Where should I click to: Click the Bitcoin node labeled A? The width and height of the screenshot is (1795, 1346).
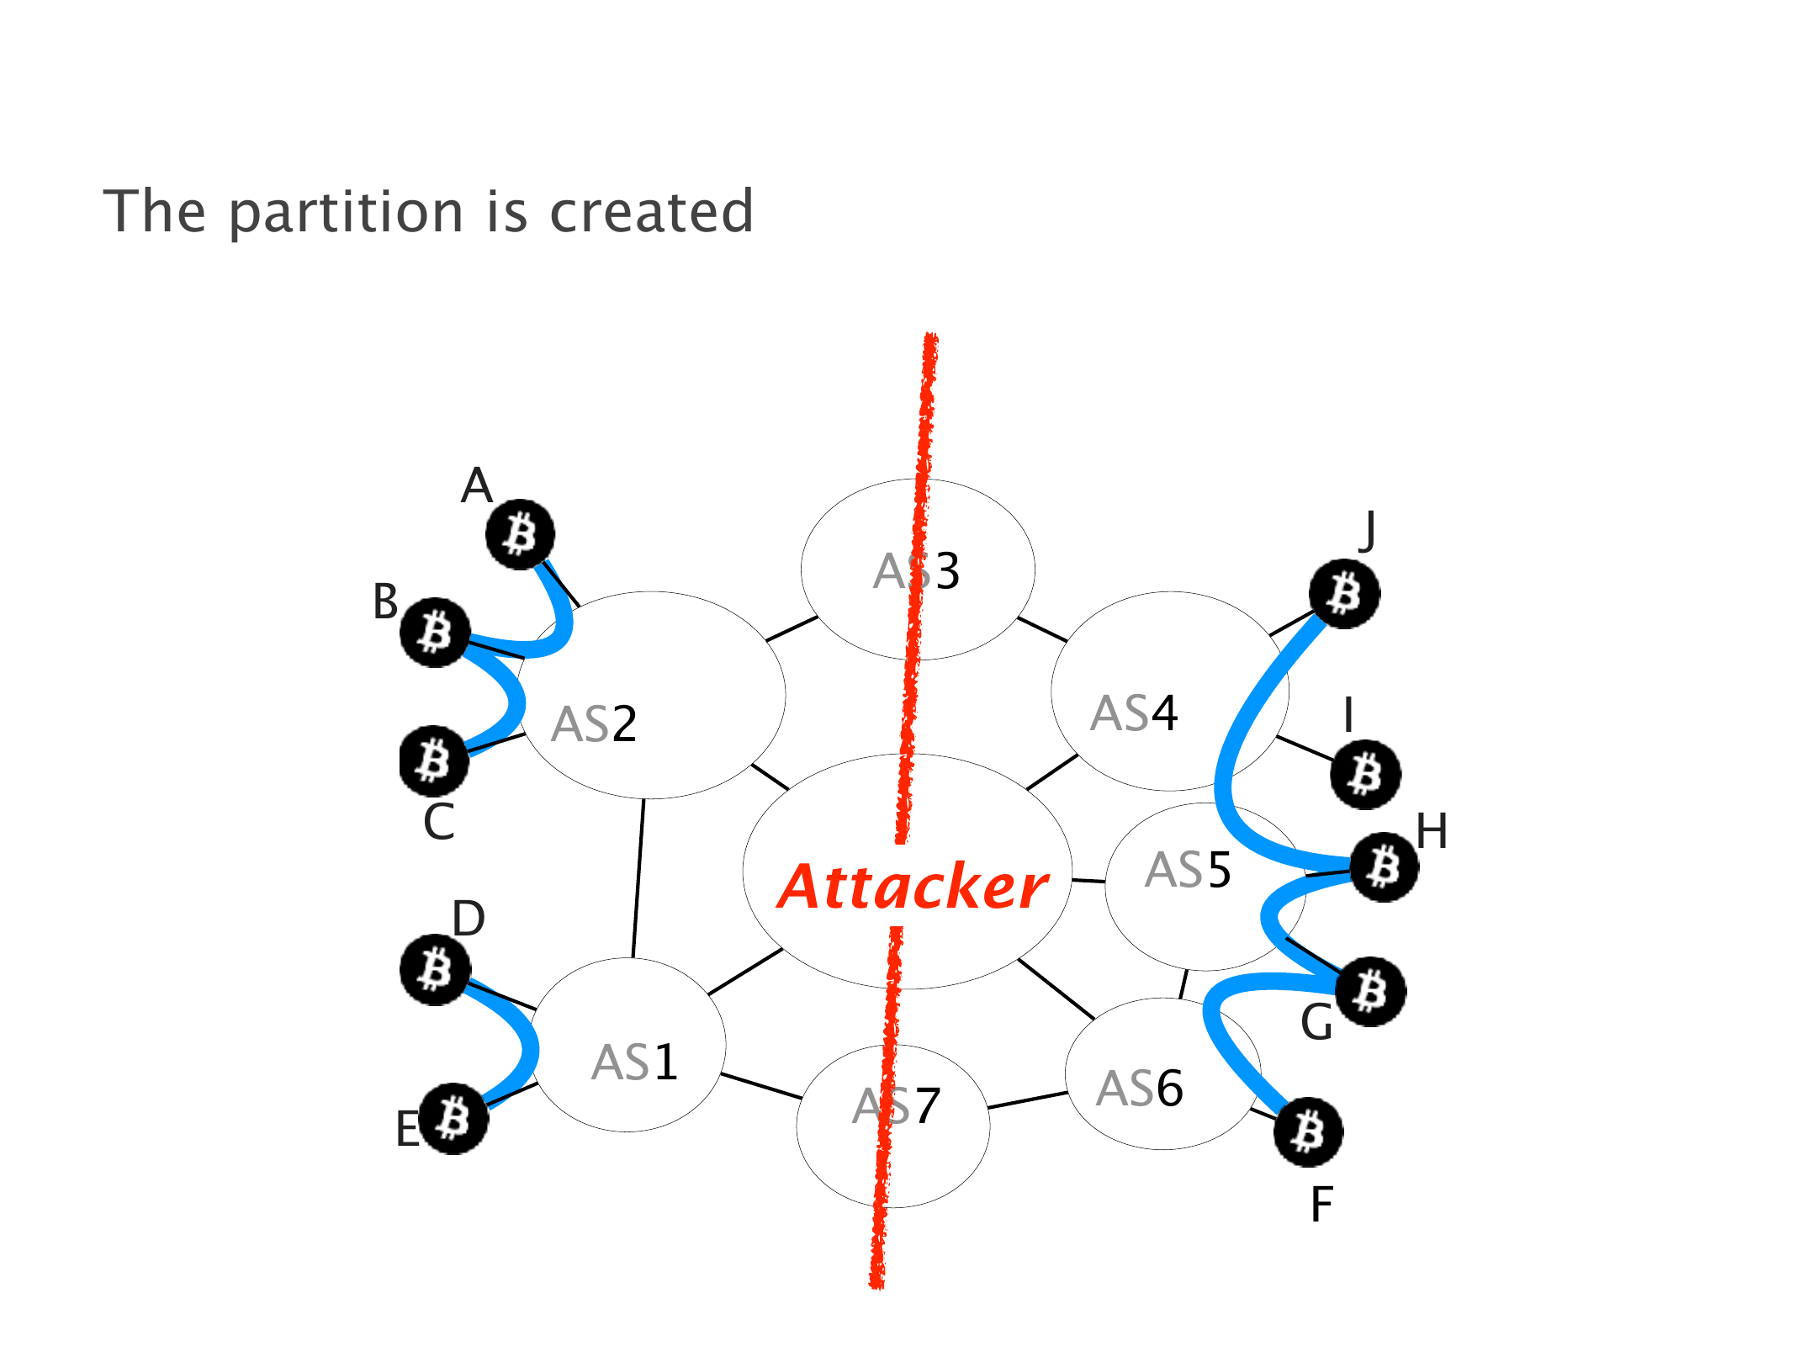coord(521,534)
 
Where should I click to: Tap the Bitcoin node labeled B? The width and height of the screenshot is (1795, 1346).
coord(434,633)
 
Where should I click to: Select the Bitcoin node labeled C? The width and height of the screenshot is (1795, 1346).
coord(433,760)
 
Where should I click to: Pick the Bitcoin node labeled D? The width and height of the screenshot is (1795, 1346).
coord(435,970)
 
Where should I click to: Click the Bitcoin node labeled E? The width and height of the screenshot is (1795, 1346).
coord(453,1119)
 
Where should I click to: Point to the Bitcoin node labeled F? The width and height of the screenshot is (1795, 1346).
coord(1308,1132)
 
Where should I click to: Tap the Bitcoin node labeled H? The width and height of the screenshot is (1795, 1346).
coord(1384,866)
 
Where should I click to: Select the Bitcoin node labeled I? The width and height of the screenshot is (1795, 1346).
coord(1365,774)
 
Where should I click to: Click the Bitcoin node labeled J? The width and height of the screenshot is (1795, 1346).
coord(1344,594)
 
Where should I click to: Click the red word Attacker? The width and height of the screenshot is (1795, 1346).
coord(912,888)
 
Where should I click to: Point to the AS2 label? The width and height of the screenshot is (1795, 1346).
coord(594,724)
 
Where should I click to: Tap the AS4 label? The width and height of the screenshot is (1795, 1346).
coord(1134,713)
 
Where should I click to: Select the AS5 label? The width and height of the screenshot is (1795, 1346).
coord(1188,870)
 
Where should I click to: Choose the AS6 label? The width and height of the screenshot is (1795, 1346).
coord(1139,1089)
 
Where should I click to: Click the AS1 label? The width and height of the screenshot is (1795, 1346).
coord(634,1062)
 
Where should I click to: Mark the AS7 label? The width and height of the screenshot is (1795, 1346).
coord(897,1106)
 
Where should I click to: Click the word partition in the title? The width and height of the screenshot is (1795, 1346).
coord(346,212)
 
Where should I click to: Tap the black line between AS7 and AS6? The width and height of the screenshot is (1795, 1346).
coord(1027,1100)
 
